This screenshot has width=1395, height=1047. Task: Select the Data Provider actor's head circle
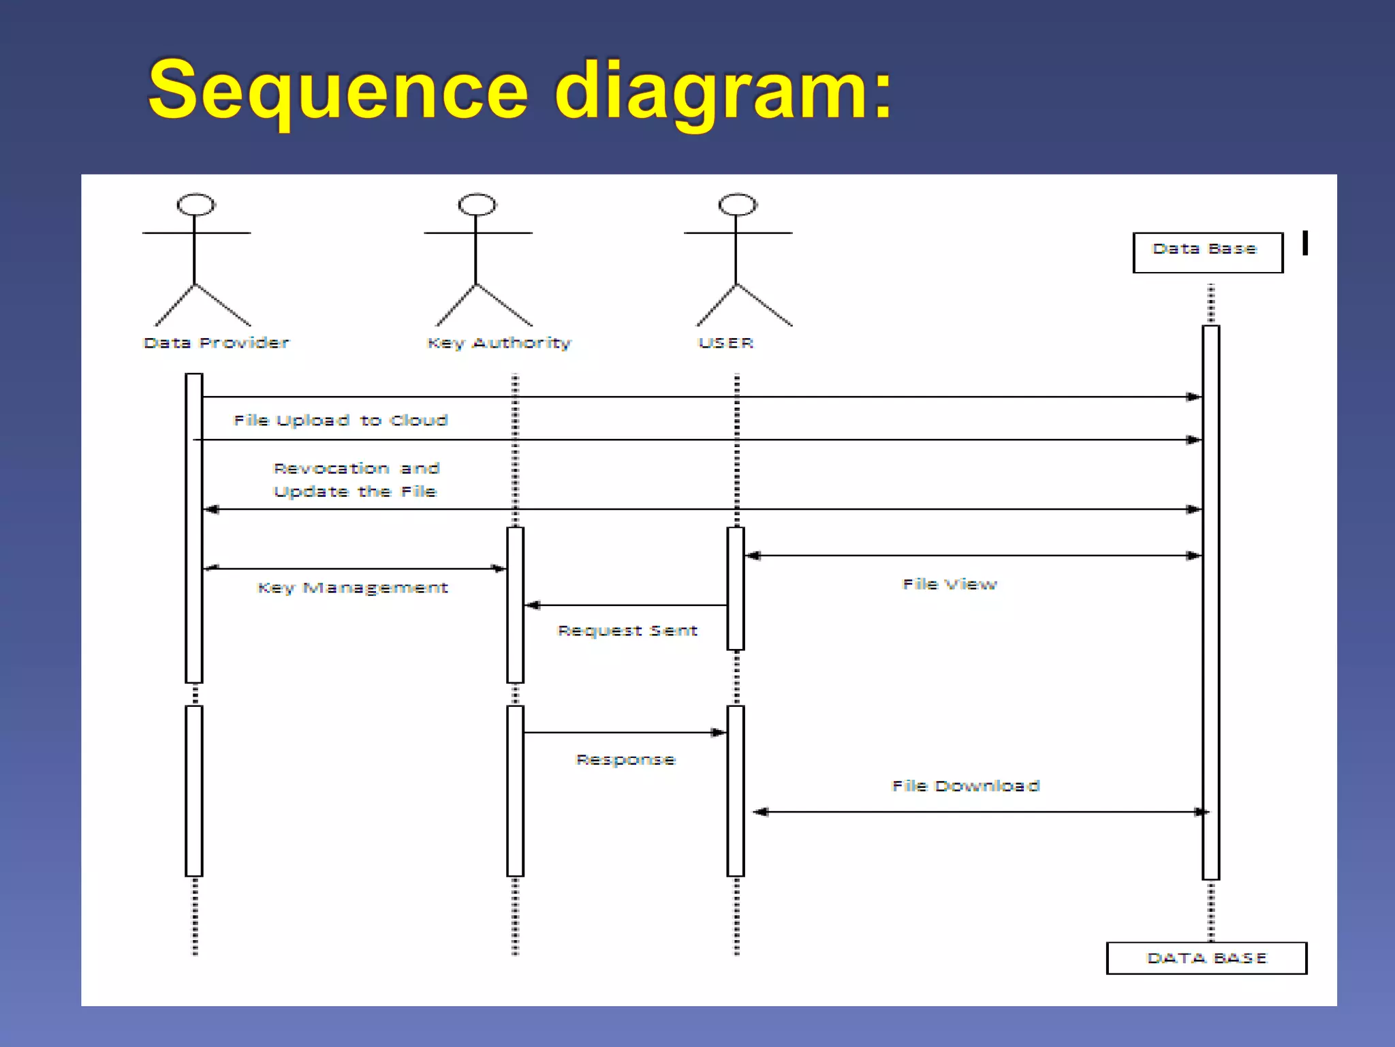click(x=196, y=204)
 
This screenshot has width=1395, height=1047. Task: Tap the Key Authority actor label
click(x=499, y=343)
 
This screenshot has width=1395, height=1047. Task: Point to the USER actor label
click(x=726, y=343)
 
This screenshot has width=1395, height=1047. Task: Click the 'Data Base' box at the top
click(x=1207, y=252)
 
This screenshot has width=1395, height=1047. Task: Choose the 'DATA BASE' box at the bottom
click(x=1206, y=958)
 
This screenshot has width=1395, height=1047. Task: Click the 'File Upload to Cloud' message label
click(x=341, y=421)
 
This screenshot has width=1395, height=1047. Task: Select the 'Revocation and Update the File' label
click(x=356, y=480)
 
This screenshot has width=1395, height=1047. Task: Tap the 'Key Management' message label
click(x=353, y=588)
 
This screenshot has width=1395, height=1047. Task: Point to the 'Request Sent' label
click(x=627, y=631)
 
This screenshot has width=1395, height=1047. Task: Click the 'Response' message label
click(x=625, y=759)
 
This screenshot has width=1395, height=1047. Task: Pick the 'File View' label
click(x=950, y=584)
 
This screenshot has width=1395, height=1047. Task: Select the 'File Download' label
click(x=966, y=786)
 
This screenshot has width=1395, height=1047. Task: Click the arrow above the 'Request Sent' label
click(x=627, y=605)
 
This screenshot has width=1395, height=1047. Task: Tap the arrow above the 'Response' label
click(x=625, y=733)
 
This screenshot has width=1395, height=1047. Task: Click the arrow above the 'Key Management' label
click(x=354, y=568)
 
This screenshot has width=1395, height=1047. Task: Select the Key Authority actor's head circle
click(x=477, y=204)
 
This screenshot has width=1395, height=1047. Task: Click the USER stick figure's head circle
click(x=738, y=204)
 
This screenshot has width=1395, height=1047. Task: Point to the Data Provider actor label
click(x=217, y=343)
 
